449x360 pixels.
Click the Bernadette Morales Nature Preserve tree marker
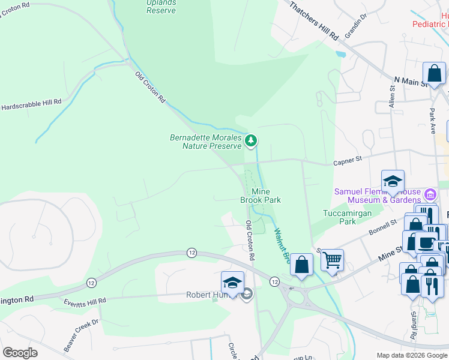click(251, 141)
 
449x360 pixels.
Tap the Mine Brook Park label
click(265, 196)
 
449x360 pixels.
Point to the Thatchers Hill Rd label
click(315, 20)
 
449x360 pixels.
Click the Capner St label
click(348, 161)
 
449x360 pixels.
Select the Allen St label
click(392, 96)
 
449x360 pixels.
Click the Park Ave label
click(432, 121)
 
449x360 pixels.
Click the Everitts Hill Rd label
click(85, 300)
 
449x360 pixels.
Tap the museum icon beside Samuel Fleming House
click(430, 194)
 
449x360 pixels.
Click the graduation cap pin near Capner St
click(393, 181)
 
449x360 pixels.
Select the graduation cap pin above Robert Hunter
click(232, 282)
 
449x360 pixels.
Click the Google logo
click(20, 353)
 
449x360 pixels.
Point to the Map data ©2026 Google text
click(412, 355)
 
